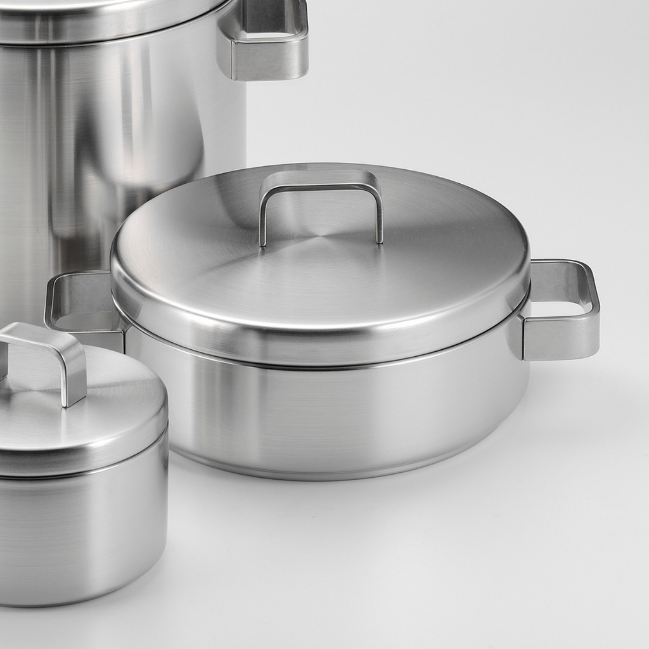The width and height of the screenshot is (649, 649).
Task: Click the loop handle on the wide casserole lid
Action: [321, 181]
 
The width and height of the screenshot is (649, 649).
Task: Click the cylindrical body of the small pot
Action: [82, 532]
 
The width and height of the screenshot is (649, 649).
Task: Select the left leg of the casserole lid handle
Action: [263, 219]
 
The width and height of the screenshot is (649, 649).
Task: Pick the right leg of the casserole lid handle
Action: [380, 215]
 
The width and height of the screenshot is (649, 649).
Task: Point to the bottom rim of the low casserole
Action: [330, 473]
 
